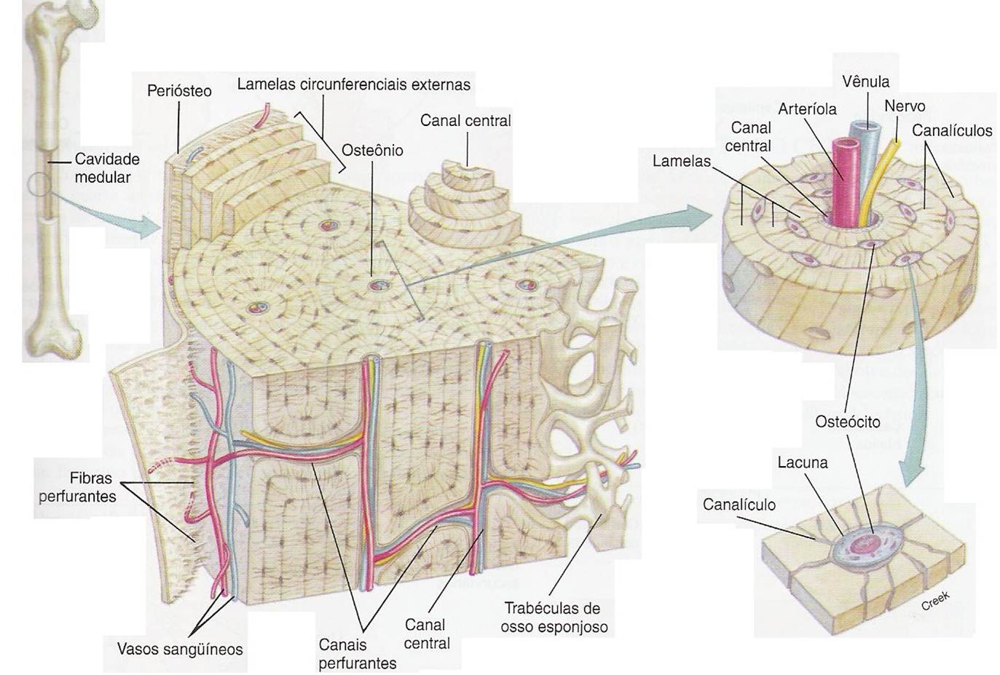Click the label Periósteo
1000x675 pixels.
pyautogui.click(x=179, y=91)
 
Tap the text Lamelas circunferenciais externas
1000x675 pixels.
pyautogui.click(x=353, y=84)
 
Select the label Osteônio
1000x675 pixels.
pyautogui.click(x=372, y=151)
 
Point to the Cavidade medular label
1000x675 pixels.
pyautogui.click(x=107, y=168)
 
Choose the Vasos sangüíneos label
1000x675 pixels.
pyautogui.click(x=180, y=649)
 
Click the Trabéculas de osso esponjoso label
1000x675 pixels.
pyautogui.click(x=554, y=617)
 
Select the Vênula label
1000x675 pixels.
pyautogui.click(x=865, y=82)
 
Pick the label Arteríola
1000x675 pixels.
pyautogui.click(x=807, y=109)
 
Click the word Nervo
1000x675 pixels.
pyautogui.click(x=905, y=106)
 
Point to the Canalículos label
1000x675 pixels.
pyautogui.click(x=952, y=131)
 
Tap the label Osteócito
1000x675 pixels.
pyautogui.click(x=847, y=422)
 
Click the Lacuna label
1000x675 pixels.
pyautogui.click(x=803, y=462)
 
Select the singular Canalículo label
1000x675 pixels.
pyautogui.click(x=739, y=505)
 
